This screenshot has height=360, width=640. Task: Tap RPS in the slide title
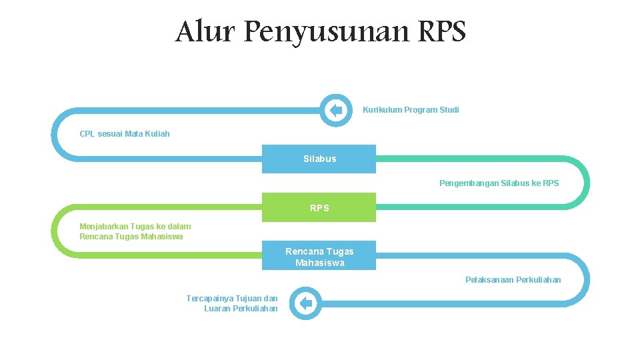pyautogui.click(x=442, y=31)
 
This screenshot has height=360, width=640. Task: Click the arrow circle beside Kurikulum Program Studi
pyautogui.click(x=336, y=110)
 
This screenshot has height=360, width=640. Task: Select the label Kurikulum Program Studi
pyautogui.click(x=411, y=110)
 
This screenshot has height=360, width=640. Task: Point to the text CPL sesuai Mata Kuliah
pyautogui.click(x=125, y=134)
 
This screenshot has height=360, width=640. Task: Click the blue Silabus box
pyautogui.click(x=319, y=159)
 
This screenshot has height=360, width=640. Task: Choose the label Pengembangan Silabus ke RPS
pyautogui.click(x=499, y=183)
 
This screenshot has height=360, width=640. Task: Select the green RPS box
pyautogui.click(x=319, y=207)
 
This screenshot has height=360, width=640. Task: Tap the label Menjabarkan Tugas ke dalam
pyautogui.click(x=135, y=227)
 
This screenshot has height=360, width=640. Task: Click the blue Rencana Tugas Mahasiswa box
pyautogui.click(x=319, y=256)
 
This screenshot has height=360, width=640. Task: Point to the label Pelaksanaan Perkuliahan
pyautogui.click(x=513, y=280)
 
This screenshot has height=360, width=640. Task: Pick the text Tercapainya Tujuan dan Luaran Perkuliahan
pyautogui.click(x=233, y=303)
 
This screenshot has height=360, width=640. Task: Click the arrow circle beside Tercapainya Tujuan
pyautogui.click(x=306, y=304)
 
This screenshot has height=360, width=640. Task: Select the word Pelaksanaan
pyautogui.click(x=489, y=280)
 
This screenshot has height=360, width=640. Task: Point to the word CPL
pyautogui.click(x=87, y=134)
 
